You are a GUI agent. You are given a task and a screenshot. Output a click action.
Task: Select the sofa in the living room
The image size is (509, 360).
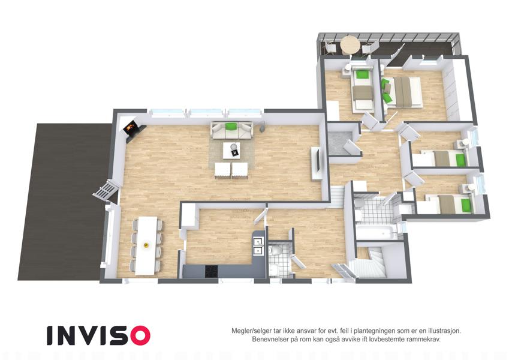coord(232,130)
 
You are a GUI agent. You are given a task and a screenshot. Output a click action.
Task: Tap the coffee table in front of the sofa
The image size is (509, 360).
coord(231,151)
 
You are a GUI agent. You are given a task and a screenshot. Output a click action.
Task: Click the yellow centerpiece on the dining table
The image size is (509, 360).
coord(146,245)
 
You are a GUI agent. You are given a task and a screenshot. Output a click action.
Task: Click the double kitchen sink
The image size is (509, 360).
coord(258,246)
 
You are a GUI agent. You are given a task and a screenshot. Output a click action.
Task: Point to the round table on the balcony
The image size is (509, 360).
coord(350,45)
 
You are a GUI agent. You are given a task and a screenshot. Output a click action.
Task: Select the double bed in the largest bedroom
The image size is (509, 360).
coord(404,92)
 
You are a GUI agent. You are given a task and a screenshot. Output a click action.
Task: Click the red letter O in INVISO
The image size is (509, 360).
coord(140,335)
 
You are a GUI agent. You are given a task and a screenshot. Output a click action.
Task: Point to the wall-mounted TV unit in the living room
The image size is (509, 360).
coord(317,163)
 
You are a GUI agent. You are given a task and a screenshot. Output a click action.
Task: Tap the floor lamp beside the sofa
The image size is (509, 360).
coord(262,127)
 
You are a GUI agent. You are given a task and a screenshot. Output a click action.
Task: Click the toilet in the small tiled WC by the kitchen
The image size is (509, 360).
coord(276,251)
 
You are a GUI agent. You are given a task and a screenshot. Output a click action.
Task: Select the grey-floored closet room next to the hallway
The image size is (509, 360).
coord(342,143)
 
